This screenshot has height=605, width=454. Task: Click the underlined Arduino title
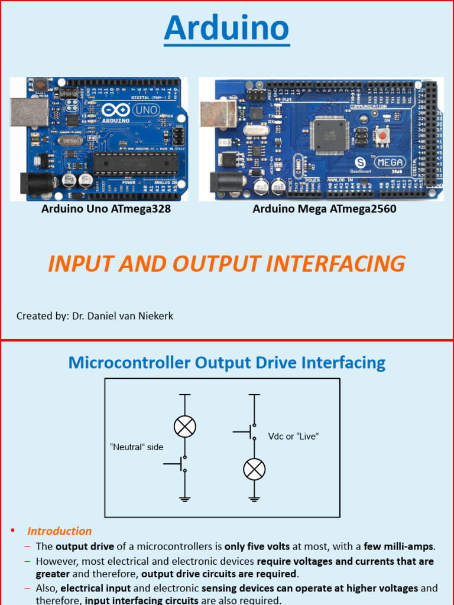tap(227, 28)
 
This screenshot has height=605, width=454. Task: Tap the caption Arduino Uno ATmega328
tap(106, 209)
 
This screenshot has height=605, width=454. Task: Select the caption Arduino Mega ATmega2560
tap(325, 209)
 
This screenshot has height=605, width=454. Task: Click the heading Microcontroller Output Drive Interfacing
tap(227, 362)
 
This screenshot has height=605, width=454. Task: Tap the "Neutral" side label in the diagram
tap(137, 447)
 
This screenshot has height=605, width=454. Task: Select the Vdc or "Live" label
tap(293, 436)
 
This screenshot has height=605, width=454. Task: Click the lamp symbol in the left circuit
tap(185, 426)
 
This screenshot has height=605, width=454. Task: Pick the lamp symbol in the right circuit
tap(254, 469)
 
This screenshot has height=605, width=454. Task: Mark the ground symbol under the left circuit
tap(185, 500)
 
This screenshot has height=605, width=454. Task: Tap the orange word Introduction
tap(60, 531)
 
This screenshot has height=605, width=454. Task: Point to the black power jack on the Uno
tap(33, 183)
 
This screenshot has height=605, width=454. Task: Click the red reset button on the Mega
tap(382, 136)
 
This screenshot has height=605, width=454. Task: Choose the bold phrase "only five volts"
tap(257, 547)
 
